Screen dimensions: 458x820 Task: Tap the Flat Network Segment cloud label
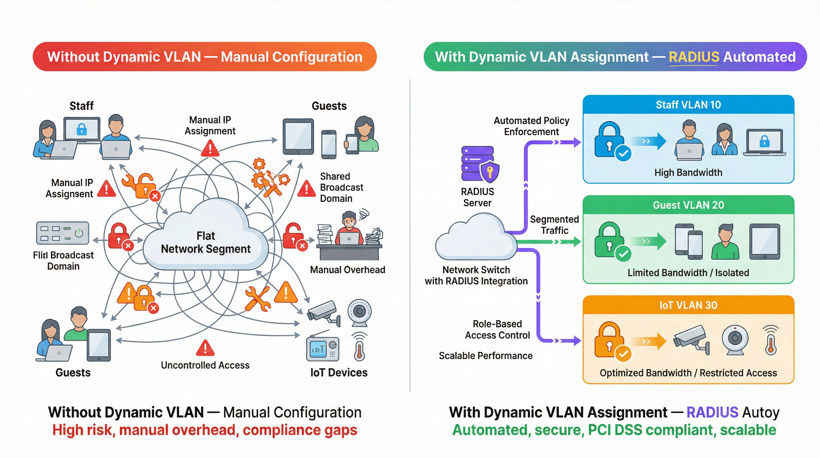[x=206, y=242]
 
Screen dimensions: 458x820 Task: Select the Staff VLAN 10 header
[x=688, y=105]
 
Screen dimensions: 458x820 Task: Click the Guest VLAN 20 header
[x=688, y=205]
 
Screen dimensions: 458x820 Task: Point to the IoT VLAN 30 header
[x=688, y=305]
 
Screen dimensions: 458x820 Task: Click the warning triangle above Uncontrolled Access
[x=205, y=348]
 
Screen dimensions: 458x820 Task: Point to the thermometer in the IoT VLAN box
[x=771, y=341]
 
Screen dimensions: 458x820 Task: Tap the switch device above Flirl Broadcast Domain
[x=62, y=233]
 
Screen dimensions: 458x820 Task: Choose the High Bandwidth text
[x=688, y=173]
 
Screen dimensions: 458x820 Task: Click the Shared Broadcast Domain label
[x=341, y=187]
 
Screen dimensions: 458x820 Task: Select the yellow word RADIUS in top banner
[x=694, y=57]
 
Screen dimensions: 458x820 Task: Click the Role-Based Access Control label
[x=497, y=330]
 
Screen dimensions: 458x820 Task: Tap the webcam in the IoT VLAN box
[x=735, y=340]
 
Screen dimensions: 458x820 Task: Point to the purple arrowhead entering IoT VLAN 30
[x=576, y=341]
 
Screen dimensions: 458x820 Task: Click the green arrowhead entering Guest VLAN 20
[x=576, y=242]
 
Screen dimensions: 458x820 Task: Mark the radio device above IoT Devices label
[x=322, y=349]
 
